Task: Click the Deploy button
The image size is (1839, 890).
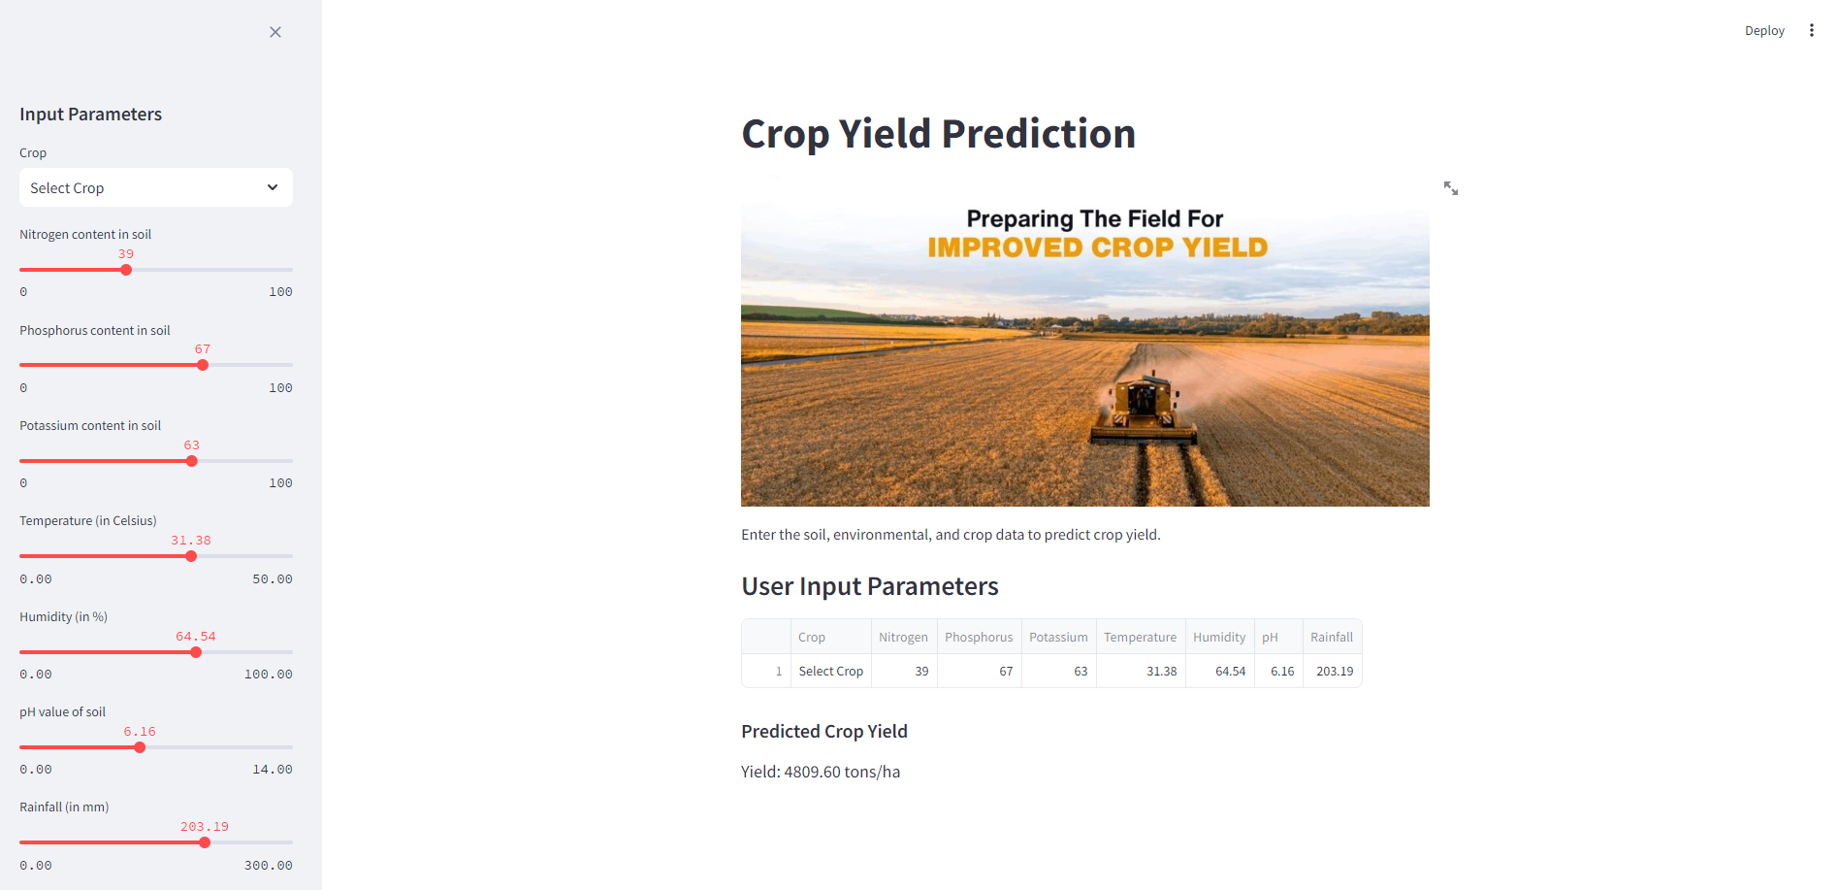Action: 1764,31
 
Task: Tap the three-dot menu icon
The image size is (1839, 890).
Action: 1811,31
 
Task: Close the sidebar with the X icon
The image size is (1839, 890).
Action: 275,32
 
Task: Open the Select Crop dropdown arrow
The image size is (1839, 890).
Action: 273,187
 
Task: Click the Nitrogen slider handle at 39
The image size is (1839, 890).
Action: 126,270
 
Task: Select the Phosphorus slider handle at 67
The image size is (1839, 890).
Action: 203,365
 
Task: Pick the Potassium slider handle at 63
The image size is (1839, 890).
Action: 192,461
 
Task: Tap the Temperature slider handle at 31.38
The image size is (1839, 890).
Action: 191,556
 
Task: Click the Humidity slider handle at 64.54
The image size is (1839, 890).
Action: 196,652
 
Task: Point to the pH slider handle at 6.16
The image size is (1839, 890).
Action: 140,747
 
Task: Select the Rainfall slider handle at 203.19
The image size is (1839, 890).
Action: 205,842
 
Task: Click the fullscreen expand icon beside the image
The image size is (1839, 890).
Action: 1451,188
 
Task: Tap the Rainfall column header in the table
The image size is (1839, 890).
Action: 1332,638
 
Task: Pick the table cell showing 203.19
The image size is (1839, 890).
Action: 1335,672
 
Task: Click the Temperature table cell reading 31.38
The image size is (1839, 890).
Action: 1161,672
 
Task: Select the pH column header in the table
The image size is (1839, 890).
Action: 1270,638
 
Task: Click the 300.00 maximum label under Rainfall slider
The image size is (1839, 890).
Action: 269,865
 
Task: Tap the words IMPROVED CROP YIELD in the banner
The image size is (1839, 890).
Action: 1097,247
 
